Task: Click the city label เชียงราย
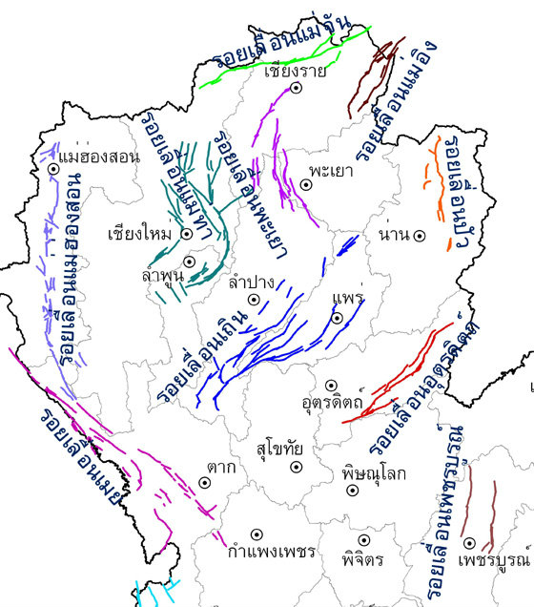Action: pyautogui.click(x=296, y=70)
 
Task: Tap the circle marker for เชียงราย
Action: pyautogui.click(x=297, y=88)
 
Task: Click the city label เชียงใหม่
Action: pyautogui.click(x=139, y=234)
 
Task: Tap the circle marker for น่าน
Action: pyautogui.click(x=418, y=235)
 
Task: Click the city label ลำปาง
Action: pyautogui.click(x=252, y=283)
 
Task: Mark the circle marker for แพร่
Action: pyautogui.click(x=337, y=317)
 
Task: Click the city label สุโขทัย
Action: pyautogui.click(x=279, y=448)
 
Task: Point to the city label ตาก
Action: pyautogui.click(x=220, y=468)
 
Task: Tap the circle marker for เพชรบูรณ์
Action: pyautogui.click(x=469, y=543)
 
